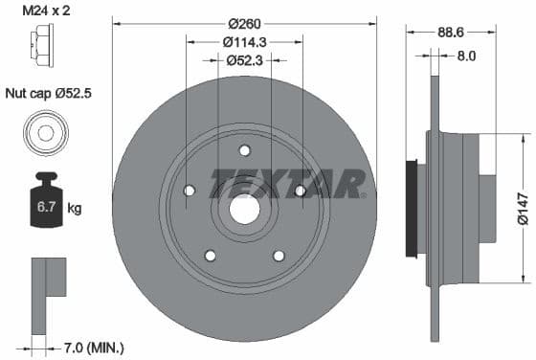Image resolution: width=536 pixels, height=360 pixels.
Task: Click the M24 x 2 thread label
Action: pyautogui.click(x=44, y=11)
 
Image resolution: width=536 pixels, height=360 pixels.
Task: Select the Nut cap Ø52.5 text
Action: pyautogui.click(x=44, y=94)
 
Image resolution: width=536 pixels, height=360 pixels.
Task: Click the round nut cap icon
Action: pyautogui.click(x=44, y=131)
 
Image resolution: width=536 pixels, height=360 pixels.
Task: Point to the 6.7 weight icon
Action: pyautogui.click(x=44, y=202)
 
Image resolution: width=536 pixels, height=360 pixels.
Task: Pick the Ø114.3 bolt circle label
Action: pyautogui.click(x=245, y=42)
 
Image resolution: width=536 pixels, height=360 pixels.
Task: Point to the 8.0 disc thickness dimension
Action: pyautogui.click(x=466, y=56)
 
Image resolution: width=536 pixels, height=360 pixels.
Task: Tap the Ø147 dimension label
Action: pyautogui.click(x=523, y=205)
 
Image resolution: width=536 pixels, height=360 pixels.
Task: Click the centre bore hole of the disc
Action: pyautogui.click(x=245, y=208)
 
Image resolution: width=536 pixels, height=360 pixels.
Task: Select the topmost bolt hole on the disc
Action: pyautogui.click(x=245, y=149)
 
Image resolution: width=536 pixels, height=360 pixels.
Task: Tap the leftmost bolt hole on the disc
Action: pyautogui.click(x=190, y=190)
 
